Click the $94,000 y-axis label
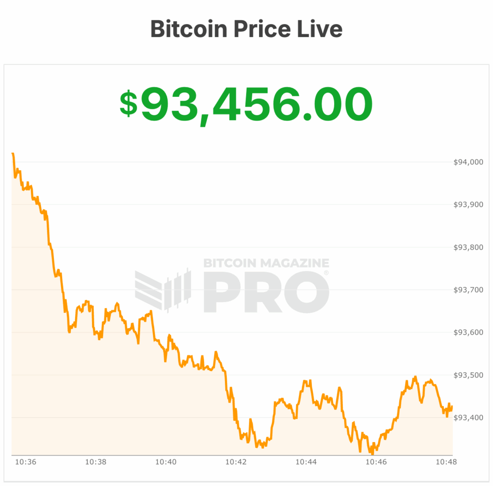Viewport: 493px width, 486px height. (x=468, y=162)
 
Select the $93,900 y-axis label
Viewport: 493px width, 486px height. (x=468, y=204)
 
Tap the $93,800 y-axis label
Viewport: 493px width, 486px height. (x=468, y=247)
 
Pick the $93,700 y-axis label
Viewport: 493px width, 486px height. (x=468, y=290)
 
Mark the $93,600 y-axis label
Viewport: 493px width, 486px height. (x=468, y=332)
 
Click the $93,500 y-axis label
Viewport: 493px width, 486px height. (x=468, y=375)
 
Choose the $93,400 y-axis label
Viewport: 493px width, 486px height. (x=468, y=418)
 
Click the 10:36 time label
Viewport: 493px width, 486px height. (x=26, y=462)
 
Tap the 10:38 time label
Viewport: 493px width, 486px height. (x=96, y=462)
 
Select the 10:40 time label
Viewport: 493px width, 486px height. (x=166, y=462)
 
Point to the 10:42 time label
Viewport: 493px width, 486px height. (x=236, y=462)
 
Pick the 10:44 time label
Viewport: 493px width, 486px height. (x=306, y=462)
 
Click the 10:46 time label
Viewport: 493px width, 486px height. (x=376, y=462)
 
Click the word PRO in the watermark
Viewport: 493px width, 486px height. (x=266, y=292)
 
